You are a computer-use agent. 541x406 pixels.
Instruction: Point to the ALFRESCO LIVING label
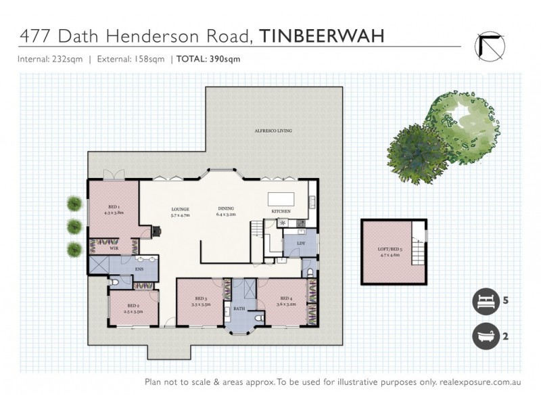[x=273, y=130]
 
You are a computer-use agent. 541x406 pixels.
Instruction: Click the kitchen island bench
[x=283, y=199]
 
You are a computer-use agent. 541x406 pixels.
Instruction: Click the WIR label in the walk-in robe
[x=114, y=249]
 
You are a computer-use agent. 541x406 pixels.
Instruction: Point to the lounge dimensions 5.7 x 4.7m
[x=179, y=215]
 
